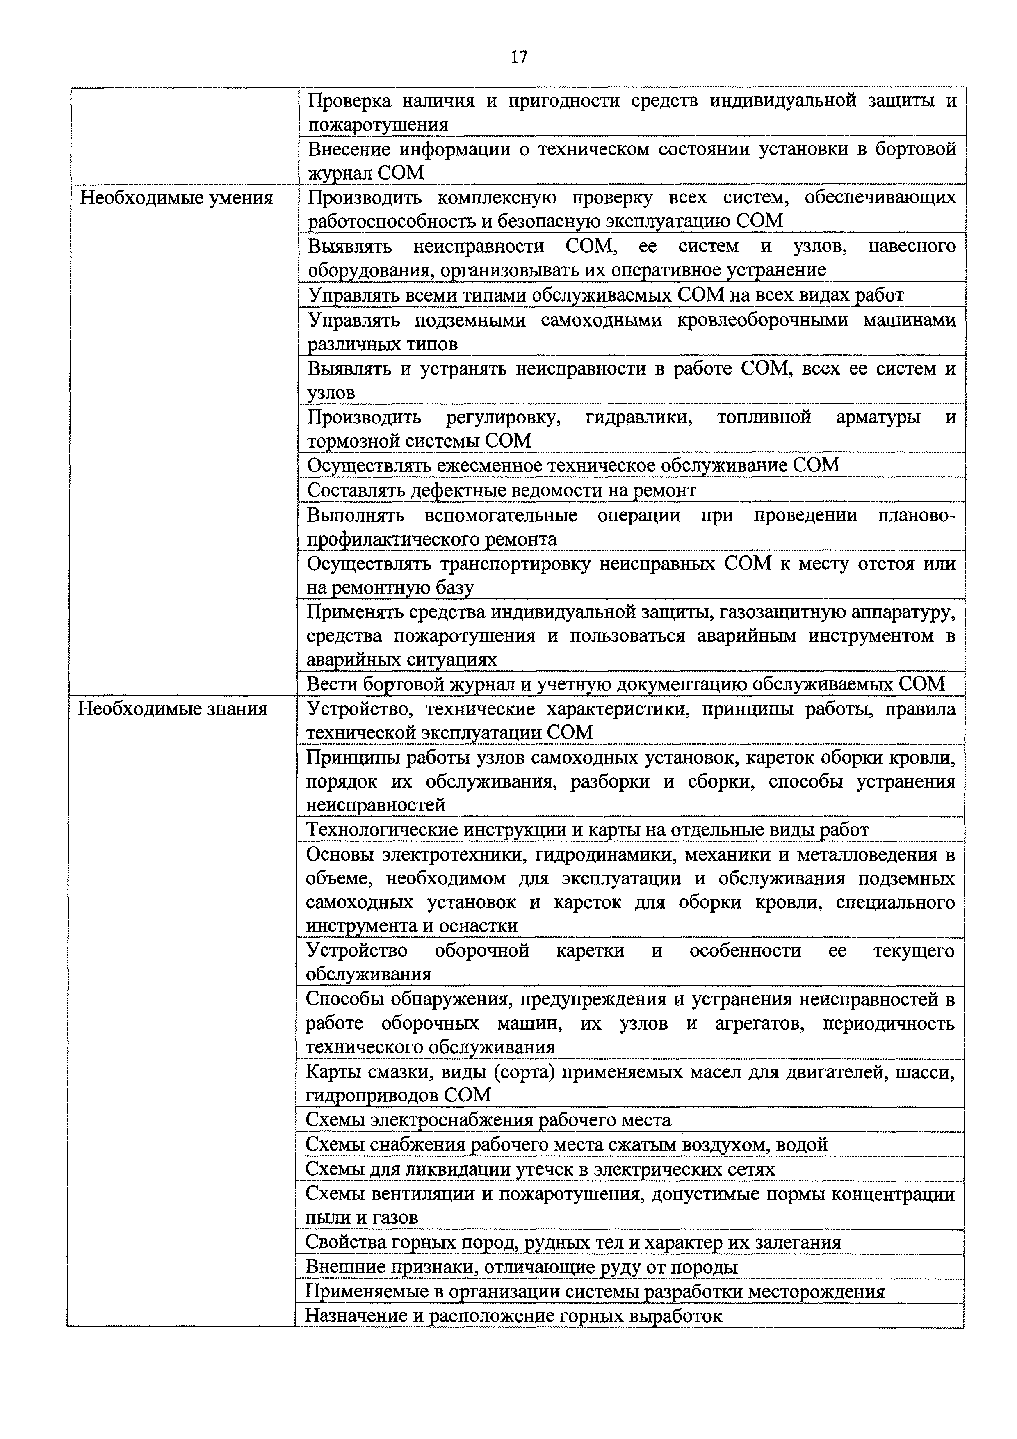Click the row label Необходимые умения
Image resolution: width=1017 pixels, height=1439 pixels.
point(177,199)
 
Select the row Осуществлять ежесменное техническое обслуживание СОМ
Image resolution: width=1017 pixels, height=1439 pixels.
point(573,465)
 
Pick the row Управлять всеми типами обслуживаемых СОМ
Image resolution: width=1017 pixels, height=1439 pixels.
point(605,295)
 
